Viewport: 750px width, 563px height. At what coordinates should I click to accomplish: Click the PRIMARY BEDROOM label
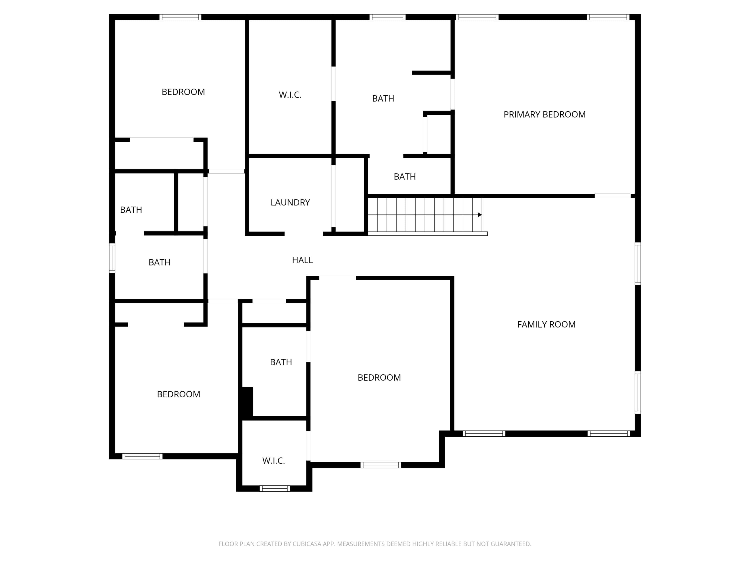click(x=544, y=114)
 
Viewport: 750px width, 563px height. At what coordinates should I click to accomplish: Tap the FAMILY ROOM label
click(x=546, y=325)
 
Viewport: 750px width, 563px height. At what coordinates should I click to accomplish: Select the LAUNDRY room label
click(x=290, y=203)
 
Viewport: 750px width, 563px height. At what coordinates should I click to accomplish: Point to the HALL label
click(x=302, y=260)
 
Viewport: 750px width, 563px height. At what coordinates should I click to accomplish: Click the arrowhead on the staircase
click(x=479, y=215)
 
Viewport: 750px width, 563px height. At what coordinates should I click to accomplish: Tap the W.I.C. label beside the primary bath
click(x=290, y=95)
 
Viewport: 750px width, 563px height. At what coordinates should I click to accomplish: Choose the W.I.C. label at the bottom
click(x=273, y=461)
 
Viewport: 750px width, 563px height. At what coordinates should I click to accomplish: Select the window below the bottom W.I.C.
click(x=275, y=488)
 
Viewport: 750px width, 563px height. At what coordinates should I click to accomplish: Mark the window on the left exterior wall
click(x=112, y=258)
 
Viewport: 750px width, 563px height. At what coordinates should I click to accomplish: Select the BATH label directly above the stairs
click(x=404, y=177)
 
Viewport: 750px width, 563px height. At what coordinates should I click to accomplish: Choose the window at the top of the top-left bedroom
click(x=180, y=17)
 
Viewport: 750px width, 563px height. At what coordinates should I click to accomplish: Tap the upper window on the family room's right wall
click(x=638, y=264)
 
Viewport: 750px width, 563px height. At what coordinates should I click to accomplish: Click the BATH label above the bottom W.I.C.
click(x=281, y=362)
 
